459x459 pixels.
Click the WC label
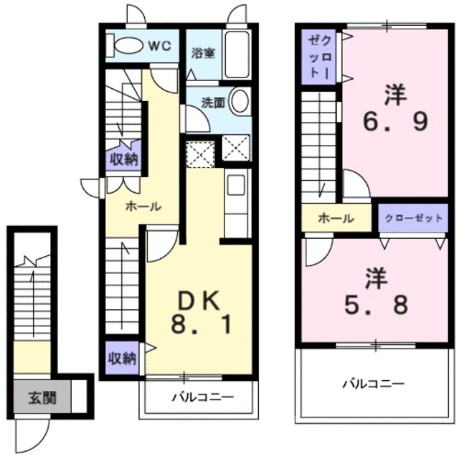click(159, 46)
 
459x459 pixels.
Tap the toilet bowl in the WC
click(128, 46)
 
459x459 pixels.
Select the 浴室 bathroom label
click(204, 53)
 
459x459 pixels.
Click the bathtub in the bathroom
click(236, 55)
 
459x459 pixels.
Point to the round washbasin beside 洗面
click(241, 100)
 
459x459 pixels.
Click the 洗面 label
click(213, 103)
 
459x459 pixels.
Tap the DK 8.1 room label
click(199, 313)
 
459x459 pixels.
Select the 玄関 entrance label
click(42, 398)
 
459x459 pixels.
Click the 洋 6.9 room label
click(395, 108)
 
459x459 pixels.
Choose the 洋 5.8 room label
click(376, 292)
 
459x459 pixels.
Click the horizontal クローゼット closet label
click(413, 218)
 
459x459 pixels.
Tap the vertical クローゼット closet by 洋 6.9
click(320, 57)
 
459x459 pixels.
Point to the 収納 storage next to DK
click(123, 358)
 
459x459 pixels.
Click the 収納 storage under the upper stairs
click(123, 160)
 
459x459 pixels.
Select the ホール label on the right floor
click(336, 218)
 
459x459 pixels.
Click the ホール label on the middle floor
click(143, 207)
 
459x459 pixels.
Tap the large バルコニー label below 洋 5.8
click(374, 384)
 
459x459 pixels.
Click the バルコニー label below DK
click(203, 397)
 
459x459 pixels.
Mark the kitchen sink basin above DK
click(236, 185)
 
